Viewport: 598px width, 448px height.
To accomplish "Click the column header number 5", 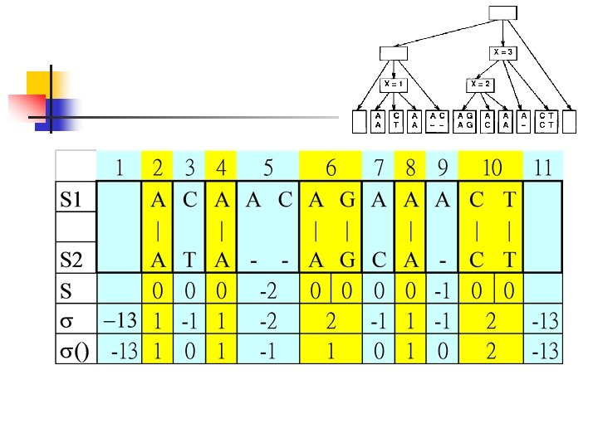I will coord(268,168).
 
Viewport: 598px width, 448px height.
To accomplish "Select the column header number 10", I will coord(492,168).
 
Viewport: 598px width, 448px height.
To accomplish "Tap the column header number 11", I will coord(544,168).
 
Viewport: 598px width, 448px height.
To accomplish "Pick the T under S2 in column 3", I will coord(189,260).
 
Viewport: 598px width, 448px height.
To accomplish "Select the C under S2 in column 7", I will coord(379,260).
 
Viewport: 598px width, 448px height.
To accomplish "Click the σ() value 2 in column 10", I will coord(492,350).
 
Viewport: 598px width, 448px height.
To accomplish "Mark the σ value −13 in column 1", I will coord(120,320).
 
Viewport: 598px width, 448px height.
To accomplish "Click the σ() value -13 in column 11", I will coord(544,350).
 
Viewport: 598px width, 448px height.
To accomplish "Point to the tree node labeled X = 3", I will coord(504,52).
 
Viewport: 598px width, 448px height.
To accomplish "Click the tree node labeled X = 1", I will coord(393,84).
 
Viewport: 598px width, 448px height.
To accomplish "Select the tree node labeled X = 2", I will coord(479,84).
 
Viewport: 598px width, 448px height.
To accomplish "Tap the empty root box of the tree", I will coord(502,12).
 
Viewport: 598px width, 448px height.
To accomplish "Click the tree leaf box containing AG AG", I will coord(465,120).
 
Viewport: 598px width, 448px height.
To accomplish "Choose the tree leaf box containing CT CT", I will coord(546,120).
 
